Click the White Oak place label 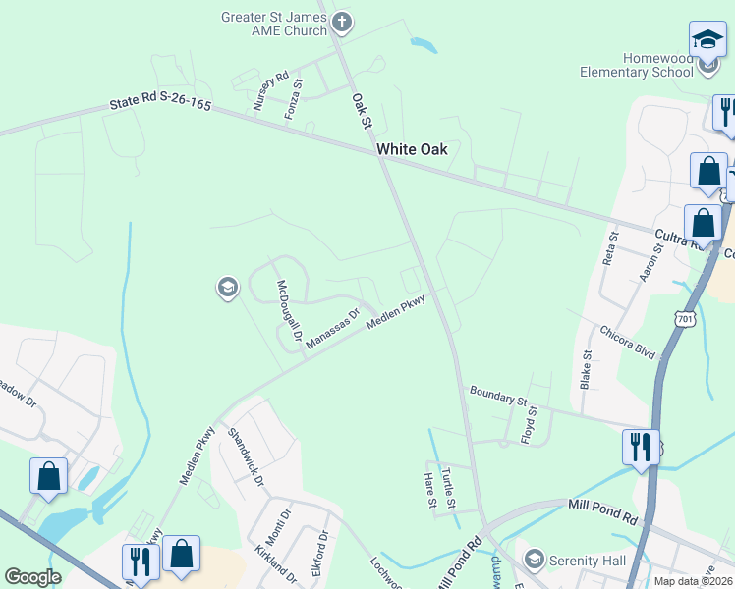pos(412,149)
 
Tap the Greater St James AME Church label pos(273,23)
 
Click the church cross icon pos(341,21)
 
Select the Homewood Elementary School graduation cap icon pos(707,40)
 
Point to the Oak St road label pos(360,110)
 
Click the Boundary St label pos(498,396)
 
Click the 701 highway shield pos(685,318)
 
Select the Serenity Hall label pos(587,559)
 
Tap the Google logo pos(32,577)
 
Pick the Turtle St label pos(448,487)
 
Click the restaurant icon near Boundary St pos(641,448)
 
